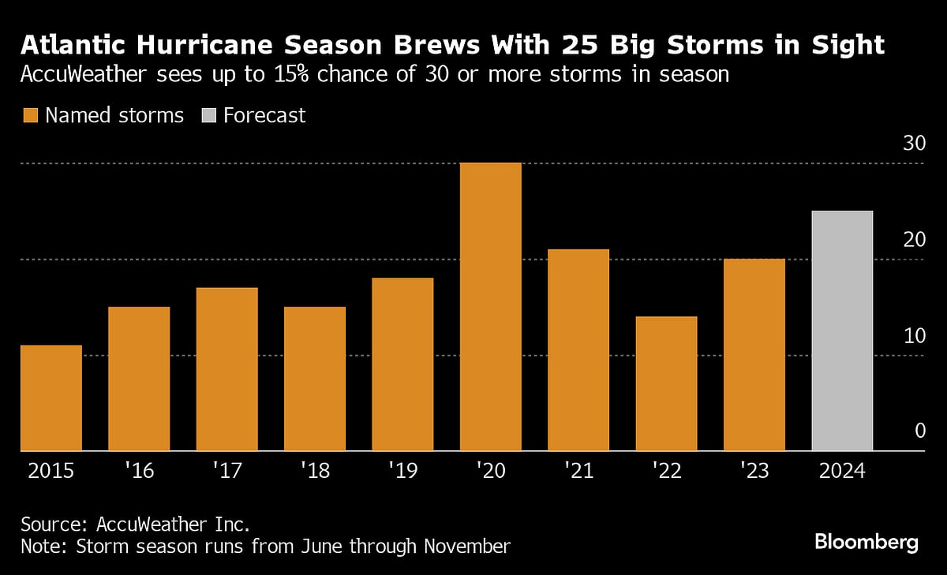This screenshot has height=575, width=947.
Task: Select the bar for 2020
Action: (x=490, y=307)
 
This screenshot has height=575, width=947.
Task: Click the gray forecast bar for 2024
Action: (x=842, y=331)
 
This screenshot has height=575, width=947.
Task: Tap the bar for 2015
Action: (x=51, y=398)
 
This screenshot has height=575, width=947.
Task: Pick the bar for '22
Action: (x=666, y=383)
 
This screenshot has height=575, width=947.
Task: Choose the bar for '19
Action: (x=402, y=364)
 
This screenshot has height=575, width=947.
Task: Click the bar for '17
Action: (x=226, y=369)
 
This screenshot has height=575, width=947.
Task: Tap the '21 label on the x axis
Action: (x=578, y=472)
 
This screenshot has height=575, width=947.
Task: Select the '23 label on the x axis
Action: (x=754, y=472)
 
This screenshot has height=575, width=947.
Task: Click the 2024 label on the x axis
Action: (x=842, y=472)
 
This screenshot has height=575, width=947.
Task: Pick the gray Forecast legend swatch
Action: (x=208, y=116)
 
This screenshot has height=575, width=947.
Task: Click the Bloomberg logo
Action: (x=866, y=543)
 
